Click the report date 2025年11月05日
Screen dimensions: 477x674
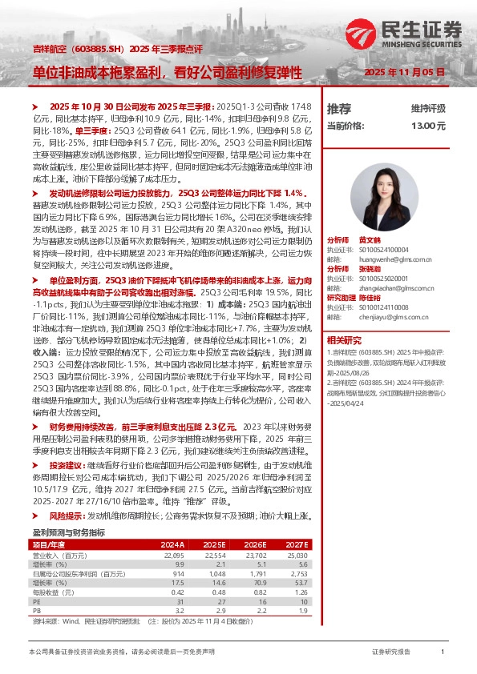405,72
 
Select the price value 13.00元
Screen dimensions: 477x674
429,126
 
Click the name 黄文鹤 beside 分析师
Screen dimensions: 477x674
370,239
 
